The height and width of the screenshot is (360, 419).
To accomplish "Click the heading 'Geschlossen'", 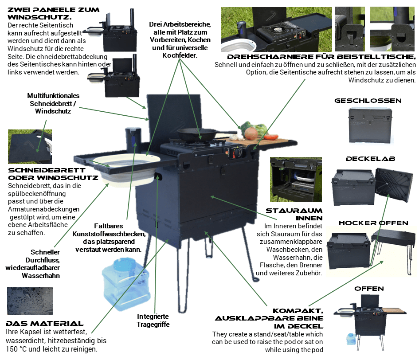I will point(368,101).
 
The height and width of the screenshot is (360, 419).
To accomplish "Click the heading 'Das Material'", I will point(44,323).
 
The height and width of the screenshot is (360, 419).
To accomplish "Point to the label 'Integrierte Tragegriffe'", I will point(153,320).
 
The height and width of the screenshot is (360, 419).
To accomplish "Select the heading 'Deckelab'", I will point(370,158).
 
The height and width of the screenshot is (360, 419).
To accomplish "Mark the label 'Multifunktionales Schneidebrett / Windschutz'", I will point(53,103).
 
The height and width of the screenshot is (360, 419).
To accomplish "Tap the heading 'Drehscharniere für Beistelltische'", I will point(322,57).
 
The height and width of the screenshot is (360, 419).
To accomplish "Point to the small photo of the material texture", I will point(30,301).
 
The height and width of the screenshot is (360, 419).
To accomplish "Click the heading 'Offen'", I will point(369,289).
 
